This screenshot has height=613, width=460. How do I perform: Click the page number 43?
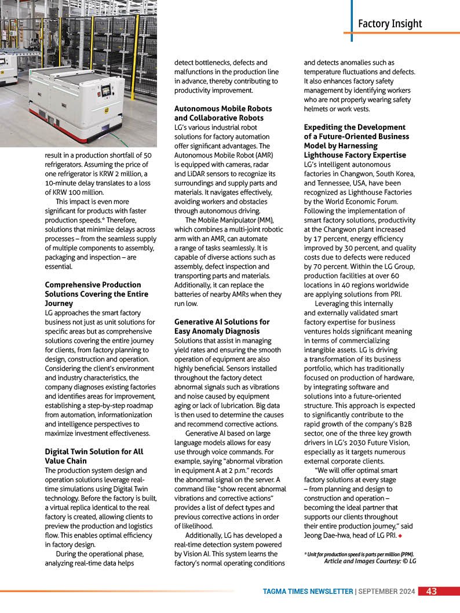point(432,592)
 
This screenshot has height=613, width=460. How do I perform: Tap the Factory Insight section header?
point(389,24)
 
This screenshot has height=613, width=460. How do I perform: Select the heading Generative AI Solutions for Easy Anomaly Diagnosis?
point(221,326)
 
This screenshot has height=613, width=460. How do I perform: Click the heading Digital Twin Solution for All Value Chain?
point(94,456)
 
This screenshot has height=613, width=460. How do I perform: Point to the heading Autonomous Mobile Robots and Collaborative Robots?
point(222,113)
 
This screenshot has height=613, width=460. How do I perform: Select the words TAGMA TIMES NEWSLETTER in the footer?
point(308,592)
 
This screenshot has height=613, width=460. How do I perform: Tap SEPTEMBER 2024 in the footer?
point(386,592)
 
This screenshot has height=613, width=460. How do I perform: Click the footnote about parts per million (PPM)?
point(359,554)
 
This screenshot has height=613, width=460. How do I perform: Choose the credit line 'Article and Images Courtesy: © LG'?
point(370,561)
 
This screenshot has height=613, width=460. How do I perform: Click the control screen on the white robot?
point(105,90)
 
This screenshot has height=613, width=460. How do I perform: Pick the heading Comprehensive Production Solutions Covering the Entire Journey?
point(96,294)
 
